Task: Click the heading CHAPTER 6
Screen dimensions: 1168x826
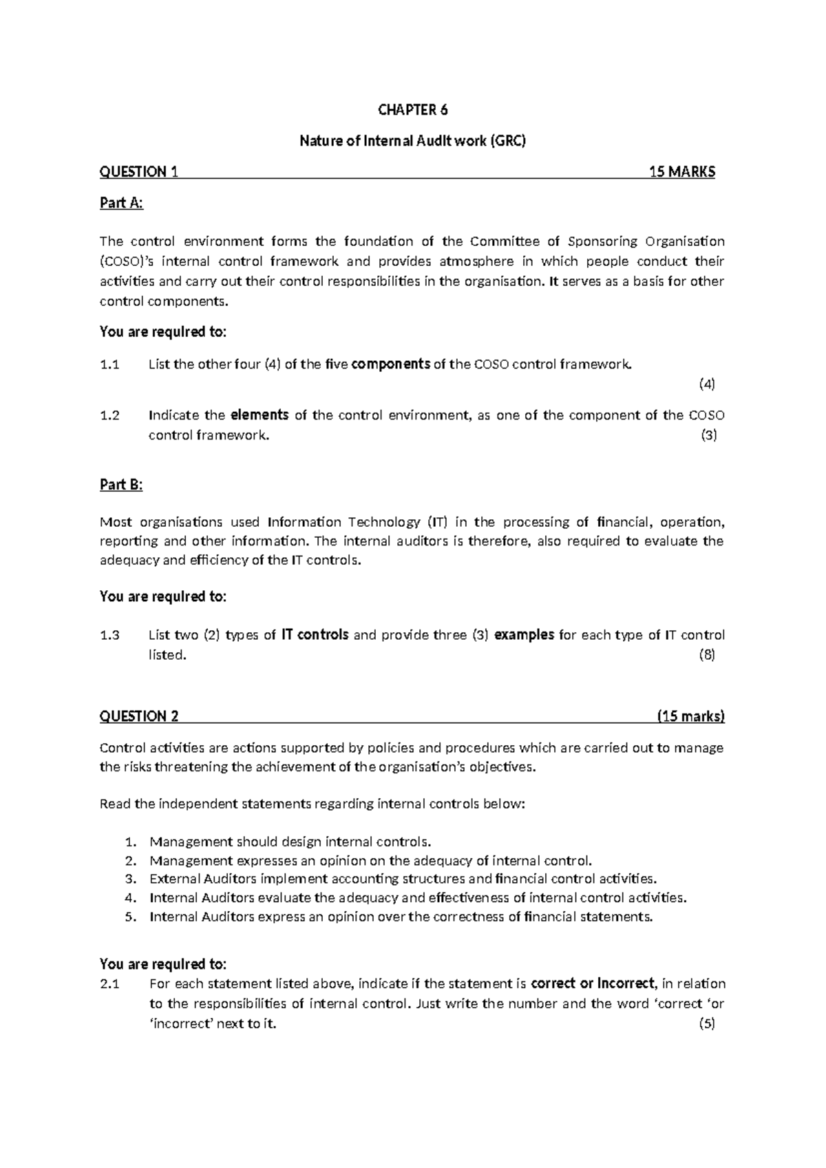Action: pos(412,110)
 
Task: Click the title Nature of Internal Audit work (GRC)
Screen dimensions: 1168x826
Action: pos(412,141)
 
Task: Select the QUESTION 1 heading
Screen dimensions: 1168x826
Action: pos(139,172)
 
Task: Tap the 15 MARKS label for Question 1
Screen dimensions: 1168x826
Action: pos(682,172)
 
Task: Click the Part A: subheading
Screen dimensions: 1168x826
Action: pos(122,203)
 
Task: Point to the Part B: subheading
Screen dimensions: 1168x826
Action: pos(121,485)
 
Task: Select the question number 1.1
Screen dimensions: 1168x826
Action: pos(109,364)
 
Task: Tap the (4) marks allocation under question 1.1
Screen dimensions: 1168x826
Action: pos(707,384)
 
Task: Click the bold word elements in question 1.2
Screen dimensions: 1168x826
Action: pos(259,415)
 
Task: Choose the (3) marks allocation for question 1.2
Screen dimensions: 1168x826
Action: pos(708,435)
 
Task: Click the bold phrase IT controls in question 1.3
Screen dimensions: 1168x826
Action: pos(315,635)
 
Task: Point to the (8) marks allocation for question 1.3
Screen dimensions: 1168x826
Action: pos(707,655)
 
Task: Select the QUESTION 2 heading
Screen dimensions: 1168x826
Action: pos(139,716)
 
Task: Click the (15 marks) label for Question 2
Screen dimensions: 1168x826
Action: pos(690,716)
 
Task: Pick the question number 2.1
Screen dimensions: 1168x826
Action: pos(109,984)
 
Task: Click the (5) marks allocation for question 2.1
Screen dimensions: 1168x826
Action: pos(707,1023)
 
